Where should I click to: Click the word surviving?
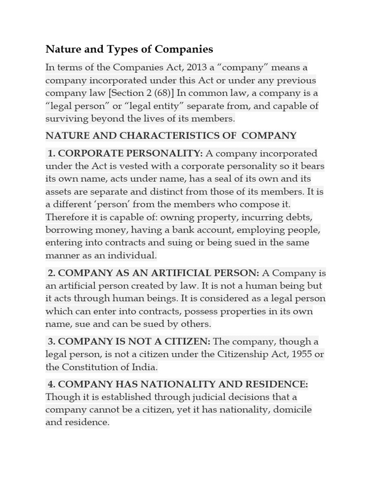(67, 118)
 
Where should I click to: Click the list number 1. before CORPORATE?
(51, 154)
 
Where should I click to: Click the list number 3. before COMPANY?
(51, 342)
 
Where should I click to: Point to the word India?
(144, 367)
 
